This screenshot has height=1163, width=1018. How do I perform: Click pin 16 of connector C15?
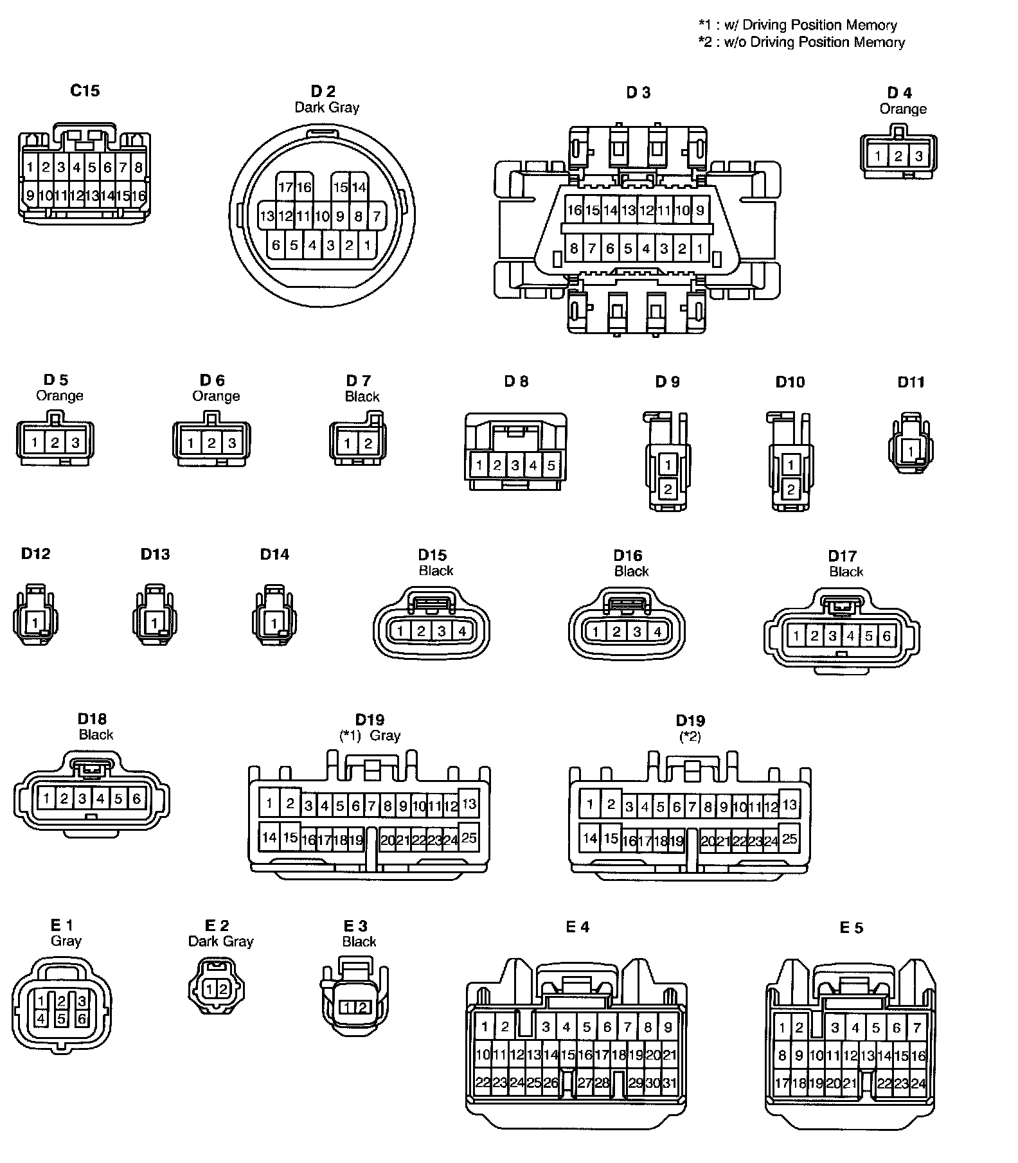tap(139, 195)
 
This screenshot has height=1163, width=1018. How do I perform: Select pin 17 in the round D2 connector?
tap(286, 187)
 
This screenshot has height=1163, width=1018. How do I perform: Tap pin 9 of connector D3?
tap(700, 210)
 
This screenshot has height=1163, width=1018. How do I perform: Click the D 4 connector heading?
tap(899, 93)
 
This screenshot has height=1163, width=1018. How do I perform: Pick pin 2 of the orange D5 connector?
tap(55, 442)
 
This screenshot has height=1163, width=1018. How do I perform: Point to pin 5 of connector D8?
tap(551, 465)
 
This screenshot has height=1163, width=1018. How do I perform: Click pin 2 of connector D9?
tap(668, 490)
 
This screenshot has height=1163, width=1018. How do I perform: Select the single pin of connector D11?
tap(911, 452)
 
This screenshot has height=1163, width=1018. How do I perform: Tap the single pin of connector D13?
tap(154, 622)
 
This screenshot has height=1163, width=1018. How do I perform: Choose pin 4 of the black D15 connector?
tap(462, 631)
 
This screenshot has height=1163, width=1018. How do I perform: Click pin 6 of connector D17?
tap(887, 636)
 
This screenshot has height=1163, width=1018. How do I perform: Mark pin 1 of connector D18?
tap(46, 799)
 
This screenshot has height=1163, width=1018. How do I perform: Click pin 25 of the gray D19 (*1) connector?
tap(469, 837)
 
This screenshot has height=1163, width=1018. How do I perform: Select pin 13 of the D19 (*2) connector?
tap(789, 804)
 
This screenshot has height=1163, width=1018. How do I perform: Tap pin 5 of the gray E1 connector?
tap(61, 1018)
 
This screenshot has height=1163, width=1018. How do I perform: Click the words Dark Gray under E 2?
tap(220, 941)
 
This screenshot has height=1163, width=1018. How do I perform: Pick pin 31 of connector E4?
tap(669, 1083)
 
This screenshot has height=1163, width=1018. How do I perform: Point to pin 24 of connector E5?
tap(918, 1083)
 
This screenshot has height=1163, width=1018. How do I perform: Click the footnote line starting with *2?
tap(801, 42)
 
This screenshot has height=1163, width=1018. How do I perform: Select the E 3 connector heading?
tap(355, 926)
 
